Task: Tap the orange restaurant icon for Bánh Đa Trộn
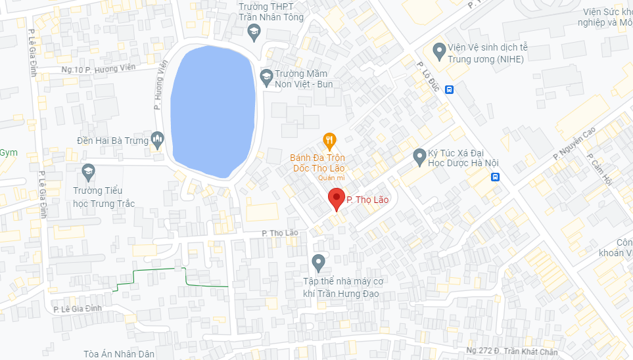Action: [x=330, y=140]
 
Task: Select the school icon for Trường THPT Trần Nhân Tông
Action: [x=254, y=31]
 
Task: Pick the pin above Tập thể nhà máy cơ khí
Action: [x=319, y=263]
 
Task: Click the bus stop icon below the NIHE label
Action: [x=449, y=89]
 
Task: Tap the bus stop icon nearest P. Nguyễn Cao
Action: [x=495, y=177]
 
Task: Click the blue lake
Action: [x=212, y=110]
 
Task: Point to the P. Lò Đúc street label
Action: [x=428, y=76]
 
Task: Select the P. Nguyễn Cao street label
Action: [x=574, y=143]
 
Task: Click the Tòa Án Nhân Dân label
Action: [x=119, y=354]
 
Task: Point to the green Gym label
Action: [x=8, y=152]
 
